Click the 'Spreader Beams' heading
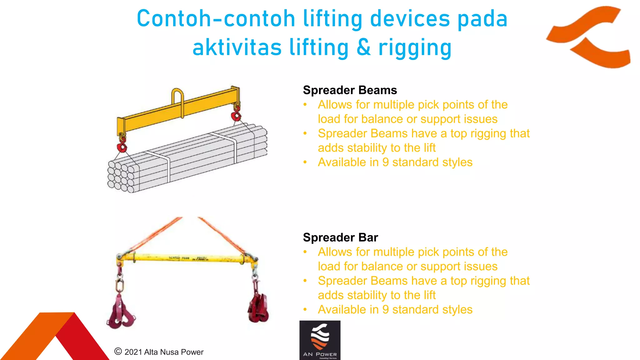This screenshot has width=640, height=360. point(350,90)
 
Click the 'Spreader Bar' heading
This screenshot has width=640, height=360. point(340,237)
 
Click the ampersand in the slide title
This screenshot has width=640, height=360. point(364,48)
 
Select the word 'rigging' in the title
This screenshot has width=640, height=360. point(415,48)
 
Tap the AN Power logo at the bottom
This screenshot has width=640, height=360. point(320,340)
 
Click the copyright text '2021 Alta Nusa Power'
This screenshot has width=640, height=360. point(163,352)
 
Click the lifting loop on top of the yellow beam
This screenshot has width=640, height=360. point(177,98)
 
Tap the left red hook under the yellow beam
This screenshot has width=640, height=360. point(122,147)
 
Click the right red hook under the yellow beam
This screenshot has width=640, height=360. point(236,116)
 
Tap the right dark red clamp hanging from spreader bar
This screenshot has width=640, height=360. point(258,308)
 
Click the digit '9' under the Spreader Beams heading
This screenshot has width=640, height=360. point(386,162)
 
